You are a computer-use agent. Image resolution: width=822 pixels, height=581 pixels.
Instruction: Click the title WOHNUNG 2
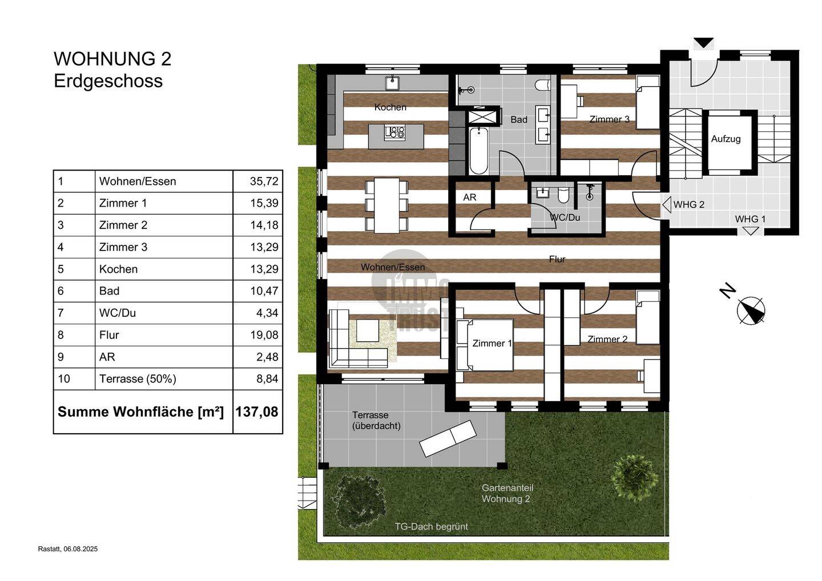click(x=112, y=59)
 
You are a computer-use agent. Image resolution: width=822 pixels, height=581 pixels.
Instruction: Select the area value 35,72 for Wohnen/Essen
click(x=264, y=181)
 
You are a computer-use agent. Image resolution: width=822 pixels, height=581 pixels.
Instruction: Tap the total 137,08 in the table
click(x=257, y=411)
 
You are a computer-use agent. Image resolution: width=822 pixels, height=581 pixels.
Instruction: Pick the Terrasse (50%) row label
click(x=138, y=378)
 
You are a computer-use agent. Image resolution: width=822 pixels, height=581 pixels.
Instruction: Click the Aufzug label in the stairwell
click(x=726, y=139)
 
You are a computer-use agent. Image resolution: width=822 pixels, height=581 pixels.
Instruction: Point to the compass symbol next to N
click(x=751, y=310)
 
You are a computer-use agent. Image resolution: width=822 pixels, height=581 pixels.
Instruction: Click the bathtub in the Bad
click(x=478, y=151)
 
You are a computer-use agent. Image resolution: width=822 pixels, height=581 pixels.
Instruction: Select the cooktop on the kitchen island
click(x=394, y=132)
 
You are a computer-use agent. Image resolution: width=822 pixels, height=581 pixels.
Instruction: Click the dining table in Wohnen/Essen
click(x=387, y=205)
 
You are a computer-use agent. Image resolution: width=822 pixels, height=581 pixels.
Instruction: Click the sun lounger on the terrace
click(x=448, y=438)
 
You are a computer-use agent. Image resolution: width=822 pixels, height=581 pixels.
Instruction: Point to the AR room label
click(x=469, y=197)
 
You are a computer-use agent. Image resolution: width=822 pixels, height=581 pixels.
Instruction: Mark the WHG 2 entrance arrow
click(x=666, y=205)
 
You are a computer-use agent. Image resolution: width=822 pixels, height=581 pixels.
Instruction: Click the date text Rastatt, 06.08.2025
click(x=68, y=549)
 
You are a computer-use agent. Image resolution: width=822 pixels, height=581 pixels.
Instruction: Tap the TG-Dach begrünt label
click(x=431, y=527)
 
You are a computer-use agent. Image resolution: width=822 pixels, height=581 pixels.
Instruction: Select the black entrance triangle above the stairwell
click(x=703, y=43)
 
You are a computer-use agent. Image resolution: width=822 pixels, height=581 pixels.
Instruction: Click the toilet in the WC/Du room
click(x=563, y=195)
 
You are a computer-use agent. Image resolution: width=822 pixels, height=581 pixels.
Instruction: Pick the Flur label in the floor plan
click(x=557, y=259)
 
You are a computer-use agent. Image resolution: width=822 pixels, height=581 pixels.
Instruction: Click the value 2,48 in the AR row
click(x=267, y=357)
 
